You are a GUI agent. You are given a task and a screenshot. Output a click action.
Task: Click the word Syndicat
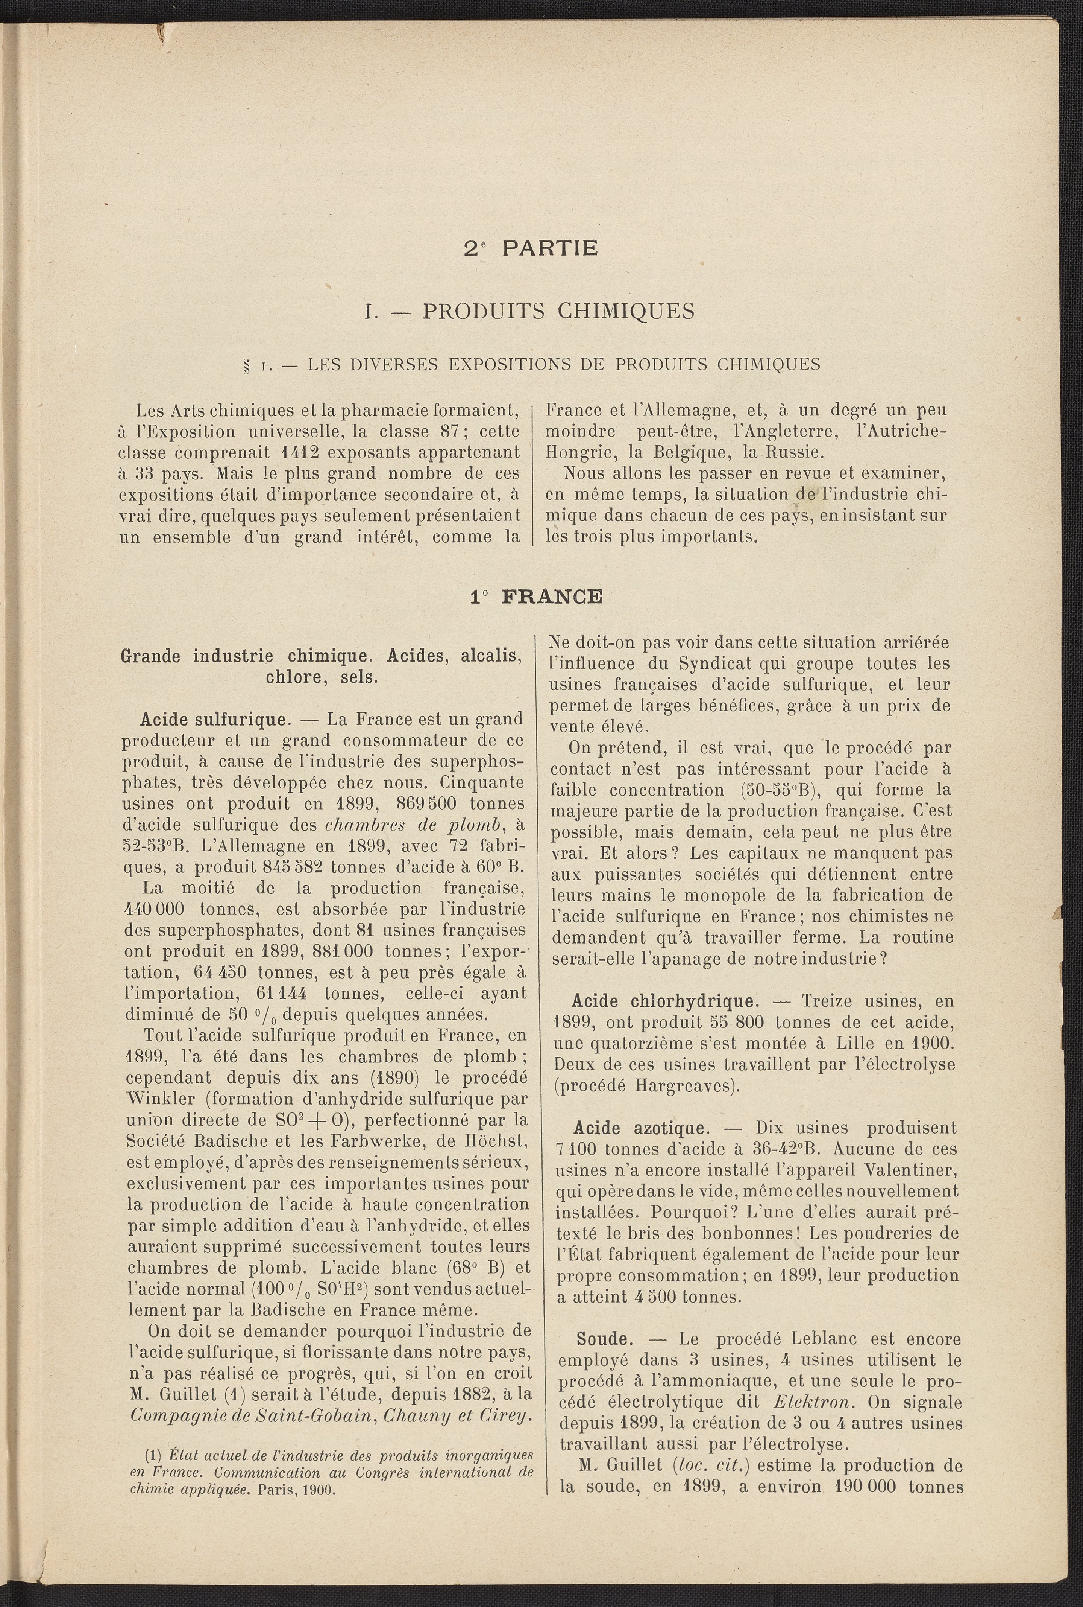point(708,663)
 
